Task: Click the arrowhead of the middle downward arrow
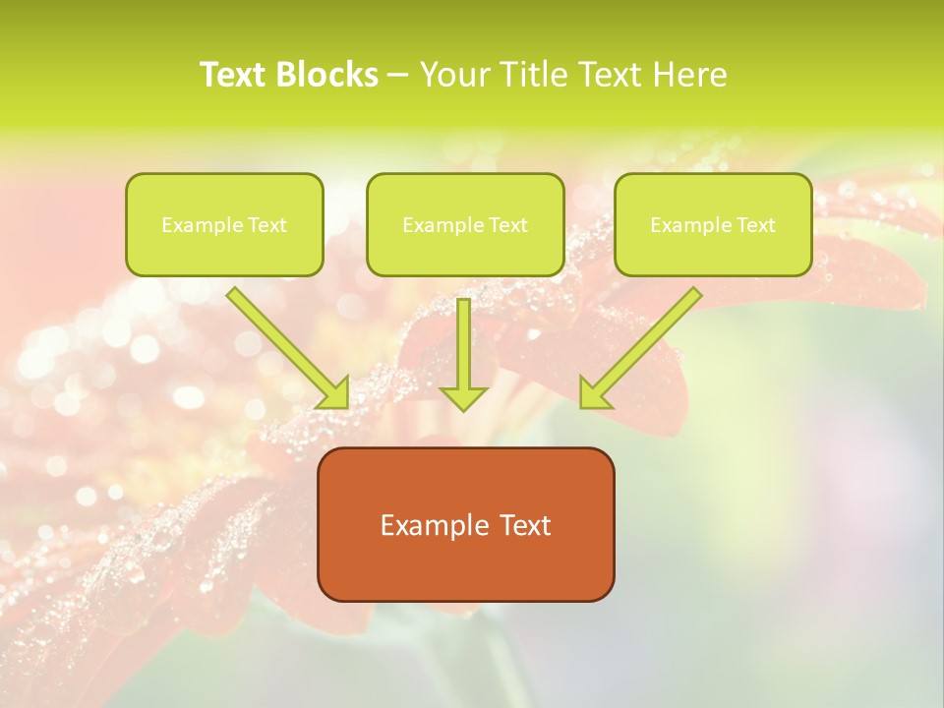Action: [x=463, y=397]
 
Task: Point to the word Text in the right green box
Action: [x=755, y=225]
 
